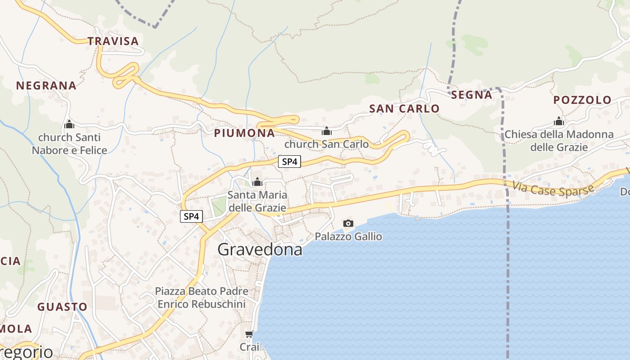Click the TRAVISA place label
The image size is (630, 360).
click(113, 41)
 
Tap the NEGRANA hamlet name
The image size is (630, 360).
click(46, 85)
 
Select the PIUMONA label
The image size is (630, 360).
click(244, 133)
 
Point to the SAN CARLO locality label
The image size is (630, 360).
click(404, 108)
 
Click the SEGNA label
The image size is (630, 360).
click(472, 94)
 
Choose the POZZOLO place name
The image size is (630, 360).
click(582, 100)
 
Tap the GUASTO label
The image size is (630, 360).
click(62, 307)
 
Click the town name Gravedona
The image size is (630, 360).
click(260, 249)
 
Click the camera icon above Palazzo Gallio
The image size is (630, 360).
click(348, 223)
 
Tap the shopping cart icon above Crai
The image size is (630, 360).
click(249, 334)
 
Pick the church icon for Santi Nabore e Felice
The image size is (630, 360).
click(69, 124)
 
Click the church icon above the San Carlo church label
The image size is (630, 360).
click(327, 131)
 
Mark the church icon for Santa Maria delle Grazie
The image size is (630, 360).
click(257, 182)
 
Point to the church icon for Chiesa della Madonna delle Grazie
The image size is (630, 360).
click(559, 121)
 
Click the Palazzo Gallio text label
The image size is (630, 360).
click(348, 236)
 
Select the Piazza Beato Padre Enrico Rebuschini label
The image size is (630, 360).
click(202, 297)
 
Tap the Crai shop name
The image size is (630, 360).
click(249, 347)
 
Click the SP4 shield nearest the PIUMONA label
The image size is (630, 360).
click(289, 162)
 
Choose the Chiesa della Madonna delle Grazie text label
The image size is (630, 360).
click(559, 141)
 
